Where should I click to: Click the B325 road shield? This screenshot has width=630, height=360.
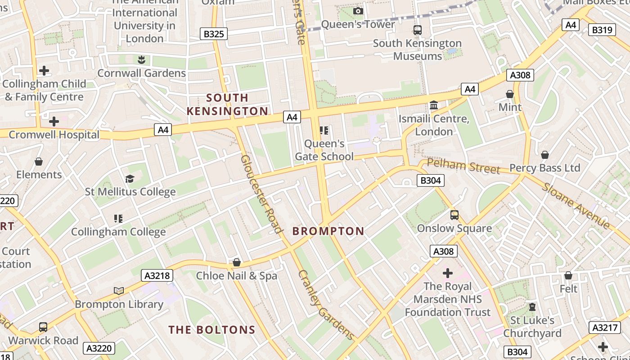click(x=214, y=34)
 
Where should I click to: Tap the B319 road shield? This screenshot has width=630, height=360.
click(x=602, y=30)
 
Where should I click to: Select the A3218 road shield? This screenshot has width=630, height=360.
click(x=157, y=275)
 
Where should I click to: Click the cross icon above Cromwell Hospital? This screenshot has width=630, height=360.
click(x=54, y=121)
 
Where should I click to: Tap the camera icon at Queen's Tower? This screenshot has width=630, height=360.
click(x=358, y=11)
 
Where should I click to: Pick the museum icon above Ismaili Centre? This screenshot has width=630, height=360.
click(x=434, y=105)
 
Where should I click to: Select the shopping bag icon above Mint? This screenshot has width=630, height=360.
click(x=510, y=94)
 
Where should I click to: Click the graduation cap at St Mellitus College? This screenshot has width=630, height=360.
click(x=130, y=179)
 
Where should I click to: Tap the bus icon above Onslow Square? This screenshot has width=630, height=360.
click(x=454, y=215)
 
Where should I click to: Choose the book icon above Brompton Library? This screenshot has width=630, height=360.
click(x=119, y=291)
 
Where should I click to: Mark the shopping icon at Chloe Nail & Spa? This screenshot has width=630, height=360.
click(x=237, y=262)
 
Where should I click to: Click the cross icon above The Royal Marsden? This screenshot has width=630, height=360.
click(x=448, y=273)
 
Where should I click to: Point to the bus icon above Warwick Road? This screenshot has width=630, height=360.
click(x=43, y=327)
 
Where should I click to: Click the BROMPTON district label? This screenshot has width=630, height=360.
click(x=328, y=231)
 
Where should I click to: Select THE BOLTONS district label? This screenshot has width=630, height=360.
click(x=212, y=330)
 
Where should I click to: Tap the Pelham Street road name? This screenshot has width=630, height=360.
click(x=463, y=166)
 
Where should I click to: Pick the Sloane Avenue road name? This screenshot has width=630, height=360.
click(x=576, y=206)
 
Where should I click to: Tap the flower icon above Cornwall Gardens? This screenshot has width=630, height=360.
click(x=141, y=59)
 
